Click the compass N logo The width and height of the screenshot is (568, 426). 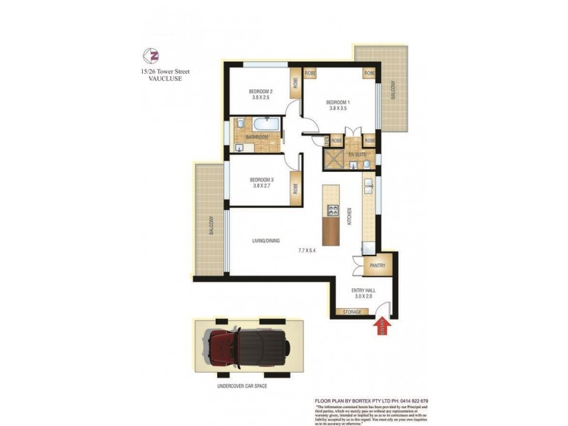[x=150, y=55]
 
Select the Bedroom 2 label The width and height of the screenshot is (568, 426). [x=259, y=92]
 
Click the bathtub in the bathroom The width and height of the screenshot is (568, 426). [x=256, y=125]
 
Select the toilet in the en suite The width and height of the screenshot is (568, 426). [x=366, y=164]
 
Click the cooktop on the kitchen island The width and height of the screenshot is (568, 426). [x=331, y=210]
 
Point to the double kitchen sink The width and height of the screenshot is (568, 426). [x=368, y=187]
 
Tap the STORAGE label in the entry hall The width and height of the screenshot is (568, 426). [x=353, y=312]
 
